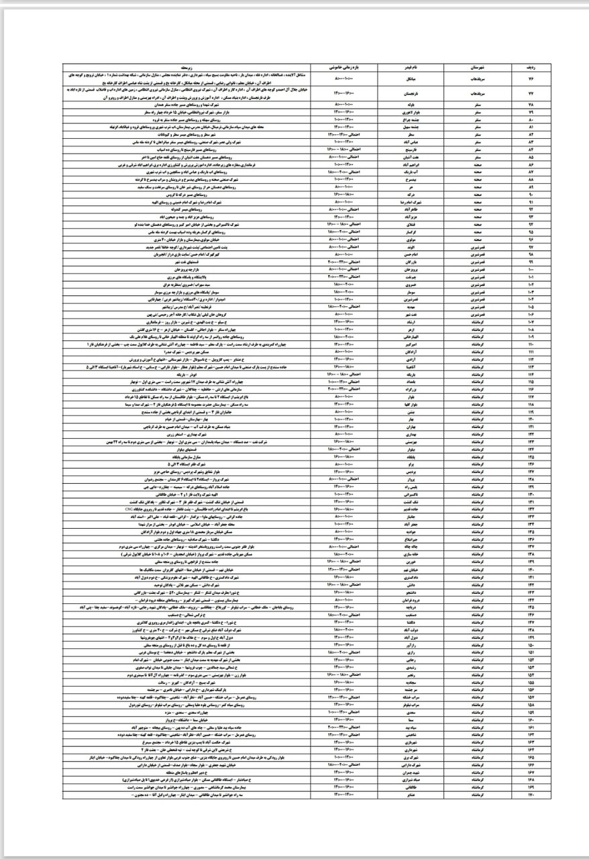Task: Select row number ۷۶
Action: tap(530, 79)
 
